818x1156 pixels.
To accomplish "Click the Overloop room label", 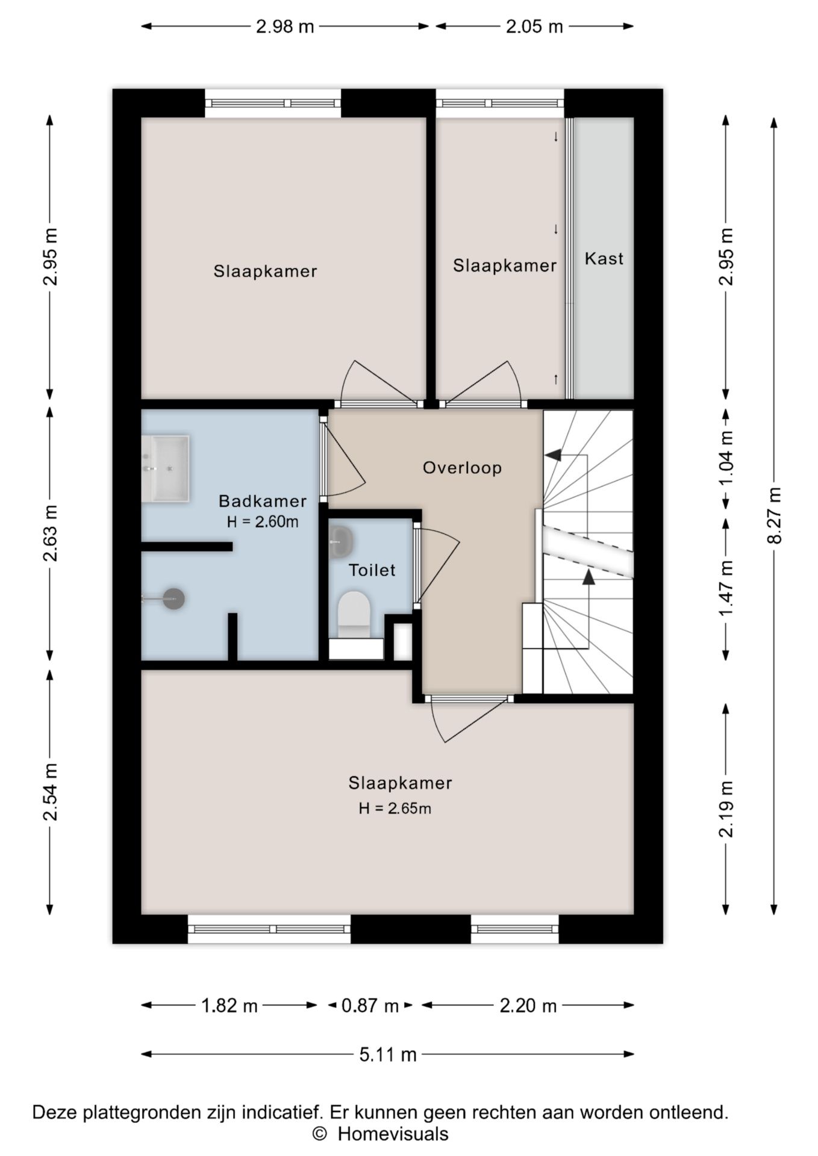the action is (462, 468).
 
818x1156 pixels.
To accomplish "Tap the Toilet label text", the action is (372, 570).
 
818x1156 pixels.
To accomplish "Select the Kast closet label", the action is (604, 258).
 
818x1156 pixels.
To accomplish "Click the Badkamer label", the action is (262, 501).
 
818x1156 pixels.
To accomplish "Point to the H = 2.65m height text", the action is (395, 808).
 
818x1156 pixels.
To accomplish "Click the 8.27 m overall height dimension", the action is (774, 515).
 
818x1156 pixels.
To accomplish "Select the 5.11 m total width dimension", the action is (388, 1054).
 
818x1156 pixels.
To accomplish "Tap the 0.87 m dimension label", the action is (370, 1005).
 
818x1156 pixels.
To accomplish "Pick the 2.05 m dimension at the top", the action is (534, 26).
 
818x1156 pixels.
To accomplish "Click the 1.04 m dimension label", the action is (726, 458).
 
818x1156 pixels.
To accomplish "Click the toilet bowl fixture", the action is (354, 614).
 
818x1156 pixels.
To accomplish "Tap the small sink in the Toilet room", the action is (341, 541).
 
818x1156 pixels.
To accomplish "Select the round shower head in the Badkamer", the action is (173, 598).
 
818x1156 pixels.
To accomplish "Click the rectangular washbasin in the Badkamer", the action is (165, 468).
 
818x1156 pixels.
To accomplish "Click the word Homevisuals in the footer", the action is (393, 1134).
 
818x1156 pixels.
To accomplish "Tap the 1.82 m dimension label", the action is (229, 1005).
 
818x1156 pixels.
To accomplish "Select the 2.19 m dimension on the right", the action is (726, 809).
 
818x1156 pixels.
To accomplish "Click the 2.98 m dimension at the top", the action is (285, 26).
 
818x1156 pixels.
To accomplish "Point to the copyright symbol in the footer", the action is (319, 1134).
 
